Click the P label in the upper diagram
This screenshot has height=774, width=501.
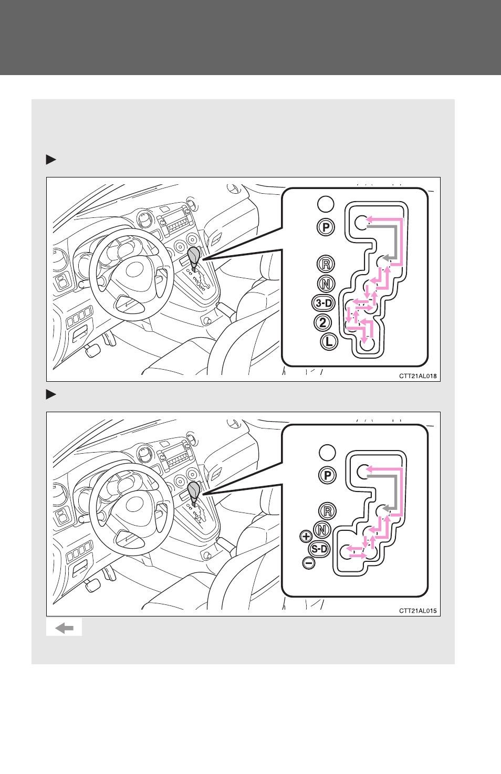coord(326,227)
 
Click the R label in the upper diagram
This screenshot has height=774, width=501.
coord(326,264)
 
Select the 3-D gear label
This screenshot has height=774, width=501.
coord(323,304)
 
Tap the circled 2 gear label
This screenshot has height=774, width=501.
coord(323,323)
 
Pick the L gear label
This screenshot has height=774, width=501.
coord(329,342)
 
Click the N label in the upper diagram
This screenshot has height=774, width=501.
coord(326,284)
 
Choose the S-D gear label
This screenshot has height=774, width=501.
coord(319,549)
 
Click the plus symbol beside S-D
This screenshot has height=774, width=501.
coord(306,536)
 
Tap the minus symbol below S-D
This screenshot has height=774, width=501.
coord(309,563)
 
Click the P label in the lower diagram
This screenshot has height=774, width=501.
coord(327,475)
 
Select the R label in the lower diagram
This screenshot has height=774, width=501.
coord(327,511)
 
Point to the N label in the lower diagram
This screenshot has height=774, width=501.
coord(322,530)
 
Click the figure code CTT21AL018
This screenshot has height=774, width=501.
coord(417,376)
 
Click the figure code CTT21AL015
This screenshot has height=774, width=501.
coord(417,611)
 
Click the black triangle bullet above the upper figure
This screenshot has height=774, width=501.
coord(51,160)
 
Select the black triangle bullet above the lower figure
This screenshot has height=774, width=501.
coord(51,394)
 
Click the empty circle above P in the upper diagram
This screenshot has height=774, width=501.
coord(326,204)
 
